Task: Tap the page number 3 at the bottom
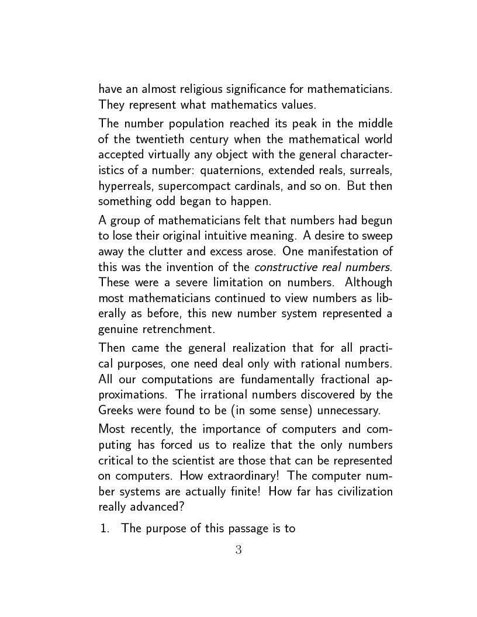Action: (238, 550)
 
